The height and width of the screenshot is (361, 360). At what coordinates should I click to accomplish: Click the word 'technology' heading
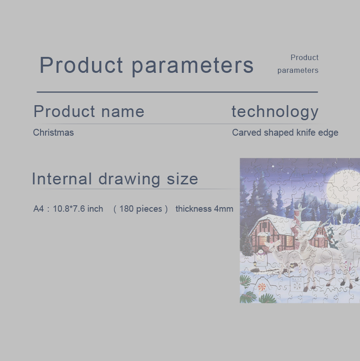[275, 112]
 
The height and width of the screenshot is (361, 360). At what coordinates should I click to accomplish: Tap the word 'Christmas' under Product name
[53, 132]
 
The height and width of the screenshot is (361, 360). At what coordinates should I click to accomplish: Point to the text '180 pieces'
[141, 209]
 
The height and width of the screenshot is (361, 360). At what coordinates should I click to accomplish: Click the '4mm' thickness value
[224, 209]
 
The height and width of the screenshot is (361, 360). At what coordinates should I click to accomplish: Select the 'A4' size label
[38, 209]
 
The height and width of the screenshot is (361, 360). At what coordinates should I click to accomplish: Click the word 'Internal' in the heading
[62, 179]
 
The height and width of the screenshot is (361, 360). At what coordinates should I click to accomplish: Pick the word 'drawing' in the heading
[129, 179]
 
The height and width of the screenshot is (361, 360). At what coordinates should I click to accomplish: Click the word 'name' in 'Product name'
[123, 112]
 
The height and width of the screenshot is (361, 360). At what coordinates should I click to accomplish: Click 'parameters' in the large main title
[193, 66]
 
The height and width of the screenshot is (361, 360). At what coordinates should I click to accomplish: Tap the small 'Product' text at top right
[304, 57]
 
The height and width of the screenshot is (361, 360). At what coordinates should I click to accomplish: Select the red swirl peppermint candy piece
[262, 287]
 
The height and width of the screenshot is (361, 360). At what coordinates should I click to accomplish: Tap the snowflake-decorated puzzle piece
[297, 285]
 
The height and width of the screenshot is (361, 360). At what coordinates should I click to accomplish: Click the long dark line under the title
[177, 92]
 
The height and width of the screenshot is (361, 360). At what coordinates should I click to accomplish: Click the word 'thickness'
[194, 209]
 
